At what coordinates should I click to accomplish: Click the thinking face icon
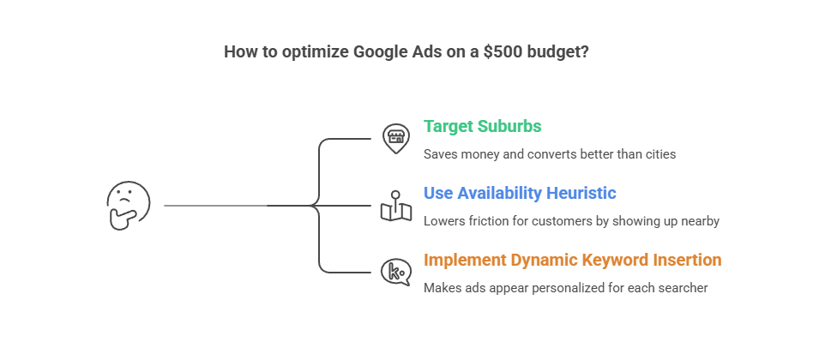pyautogui.click(x=128, y=205)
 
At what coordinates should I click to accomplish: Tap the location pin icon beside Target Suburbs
pyautogui.click(x=395, y=139)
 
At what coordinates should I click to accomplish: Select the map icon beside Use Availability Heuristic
pyautogui.click(x=395, y=206)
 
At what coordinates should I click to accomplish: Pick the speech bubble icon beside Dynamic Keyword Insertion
pyautogui.click(x=395, y=272)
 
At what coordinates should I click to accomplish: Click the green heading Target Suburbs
pyautogui.click(x=482, y=127)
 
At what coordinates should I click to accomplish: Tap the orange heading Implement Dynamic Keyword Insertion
pyautogui.click(x=572, y=260)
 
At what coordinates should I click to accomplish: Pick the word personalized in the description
pyautogui.click(x=568, y=288)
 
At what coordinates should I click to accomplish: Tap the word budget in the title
pyautogui.click(x=558, y=51)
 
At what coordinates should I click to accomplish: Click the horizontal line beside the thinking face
pyautogui.click(x=214, y=206)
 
